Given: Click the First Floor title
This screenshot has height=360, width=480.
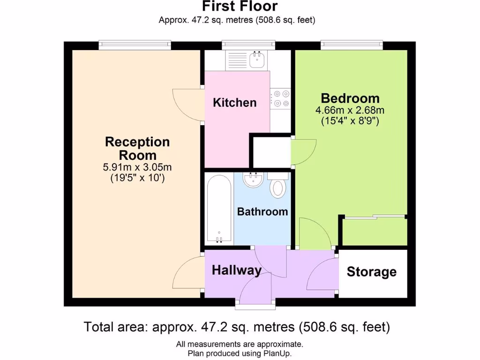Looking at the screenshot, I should [x=240, y=7].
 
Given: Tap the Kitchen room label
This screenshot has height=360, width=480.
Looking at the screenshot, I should [x=235, y=103].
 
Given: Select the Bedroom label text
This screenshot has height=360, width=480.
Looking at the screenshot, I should [x=350, y=98].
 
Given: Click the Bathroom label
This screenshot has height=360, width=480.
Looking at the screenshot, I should [x=262, y=212].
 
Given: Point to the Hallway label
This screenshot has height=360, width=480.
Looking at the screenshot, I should [x=236, y=270].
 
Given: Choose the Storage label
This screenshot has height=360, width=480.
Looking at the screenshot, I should [x=371, y=272].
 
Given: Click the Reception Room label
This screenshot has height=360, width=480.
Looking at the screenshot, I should [x=137, y=148].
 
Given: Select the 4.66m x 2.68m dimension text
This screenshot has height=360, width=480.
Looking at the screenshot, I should [x=350, y=111].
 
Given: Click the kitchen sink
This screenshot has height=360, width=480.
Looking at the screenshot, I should [x=256, y=60].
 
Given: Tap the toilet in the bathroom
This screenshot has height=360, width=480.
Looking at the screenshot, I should [x=278, y=186].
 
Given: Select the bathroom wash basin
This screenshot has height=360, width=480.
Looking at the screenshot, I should [x=254, y=180].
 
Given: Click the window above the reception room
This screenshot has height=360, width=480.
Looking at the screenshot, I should [x=135, y=45].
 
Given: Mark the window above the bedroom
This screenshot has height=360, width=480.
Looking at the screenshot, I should [x=352, y=45].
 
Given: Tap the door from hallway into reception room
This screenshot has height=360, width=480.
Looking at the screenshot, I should [x=188, y=274].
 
